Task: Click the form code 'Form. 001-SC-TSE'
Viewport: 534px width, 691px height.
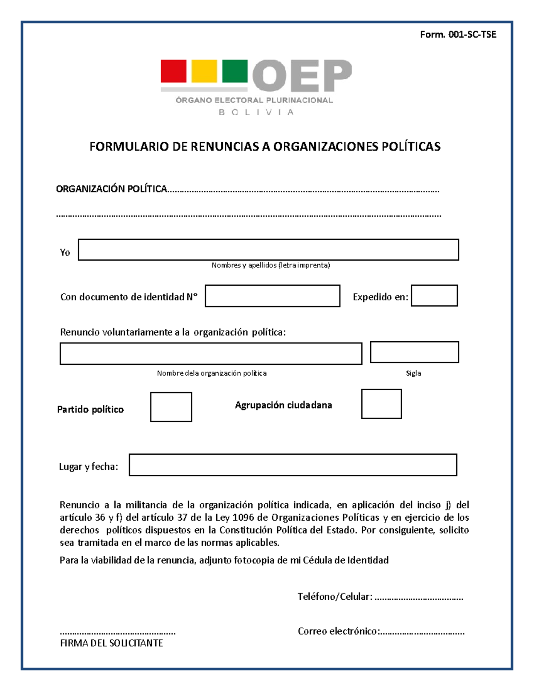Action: (458, 35)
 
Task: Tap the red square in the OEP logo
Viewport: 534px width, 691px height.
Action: (174, 71)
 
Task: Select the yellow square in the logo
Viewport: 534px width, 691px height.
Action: (204, 71)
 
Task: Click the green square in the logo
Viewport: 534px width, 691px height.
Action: (235, 71)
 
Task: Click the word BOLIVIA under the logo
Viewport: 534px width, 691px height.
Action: (256, 113)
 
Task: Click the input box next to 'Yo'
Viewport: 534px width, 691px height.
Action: (268, 250)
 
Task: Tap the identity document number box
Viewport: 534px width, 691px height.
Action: (272, 296)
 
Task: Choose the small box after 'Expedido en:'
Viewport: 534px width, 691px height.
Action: (434, 296)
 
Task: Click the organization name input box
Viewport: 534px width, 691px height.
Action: (211, 354)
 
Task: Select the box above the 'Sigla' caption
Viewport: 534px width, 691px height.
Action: (414, 352)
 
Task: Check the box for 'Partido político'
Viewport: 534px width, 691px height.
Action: (171, 407)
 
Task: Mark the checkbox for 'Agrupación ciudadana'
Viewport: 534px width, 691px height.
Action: (381, 404)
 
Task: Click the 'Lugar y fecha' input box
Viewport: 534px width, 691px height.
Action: (293, 465)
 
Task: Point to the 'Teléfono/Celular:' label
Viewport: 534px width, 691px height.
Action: (335, 597)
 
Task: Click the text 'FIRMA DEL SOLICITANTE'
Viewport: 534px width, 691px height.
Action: (111, 643)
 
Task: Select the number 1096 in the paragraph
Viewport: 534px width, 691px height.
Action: (243, 517)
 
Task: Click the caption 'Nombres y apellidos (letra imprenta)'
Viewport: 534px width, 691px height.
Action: (271, 266)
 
